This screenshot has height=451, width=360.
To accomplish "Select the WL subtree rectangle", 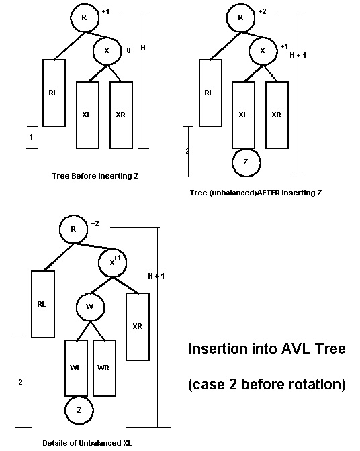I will [77, 368].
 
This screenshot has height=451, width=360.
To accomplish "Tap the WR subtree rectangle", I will [104, 368].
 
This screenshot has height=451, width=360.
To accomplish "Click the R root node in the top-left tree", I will [84, 18].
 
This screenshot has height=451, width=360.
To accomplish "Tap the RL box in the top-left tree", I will [53, 93].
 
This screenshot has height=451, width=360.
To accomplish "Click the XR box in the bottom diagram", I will [137, 326].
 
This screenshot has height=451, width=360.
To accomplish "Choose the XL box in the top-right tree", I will [244, 114].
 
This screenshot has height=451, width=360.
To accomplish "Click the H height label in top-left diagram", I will [142, 48].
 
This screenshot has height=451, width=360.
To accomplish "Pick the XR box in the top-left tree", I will [121, 114].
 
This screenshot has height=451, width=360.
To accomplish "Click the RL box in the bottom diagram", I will [42, 304].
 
